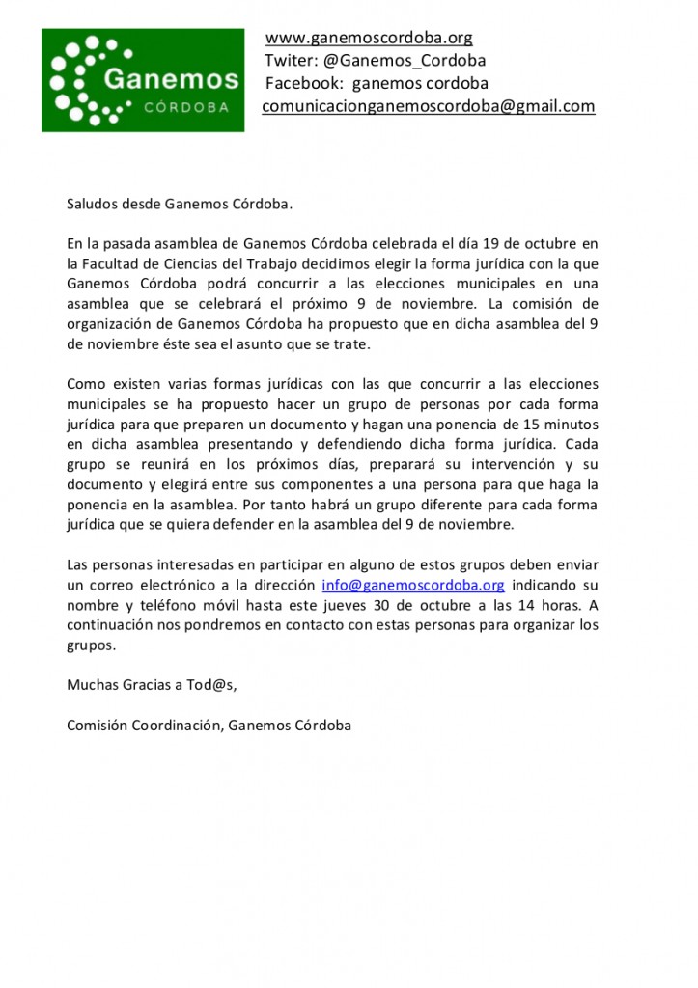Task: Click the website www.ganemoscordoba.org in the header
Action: pos(369,39)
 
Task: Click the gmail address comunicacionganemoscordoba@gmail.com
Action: pos(429,106)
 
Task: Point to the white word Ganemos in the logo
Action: pos(170,78)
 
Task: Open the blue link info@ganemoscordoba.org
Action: pos(412,586)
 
